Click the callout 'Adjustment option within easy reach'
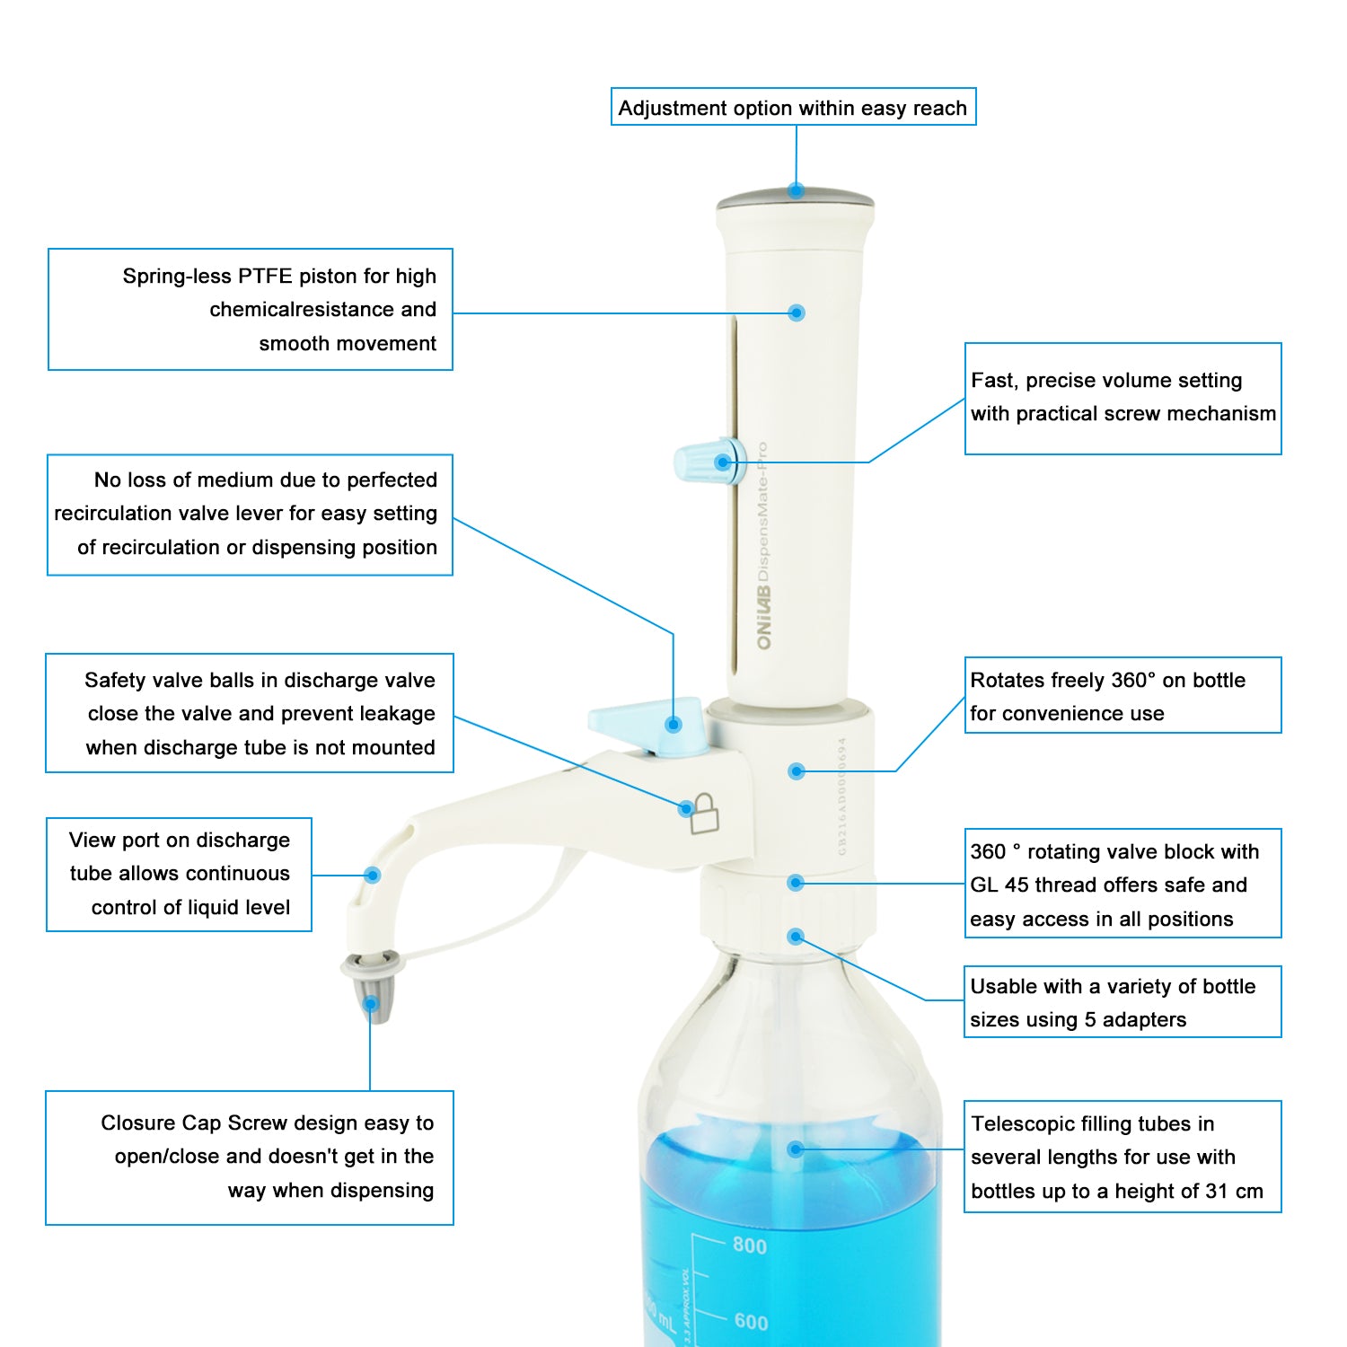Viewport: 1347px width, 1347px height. click(793, 108)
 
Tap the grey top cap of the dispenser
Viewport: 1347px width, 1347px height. click(795, 199)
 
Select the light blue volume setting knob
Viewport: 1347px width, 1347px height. click(705, 462)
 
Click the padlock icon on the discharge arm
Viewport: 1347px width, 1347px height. click(705, 814)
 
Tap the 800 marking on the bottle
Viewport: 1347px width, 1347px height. click(750, 1246)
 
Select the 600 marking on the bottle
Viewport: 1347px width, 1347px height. click(751, 1322)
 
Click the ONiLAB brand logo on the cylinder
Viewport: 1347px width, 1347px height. click(764, 617)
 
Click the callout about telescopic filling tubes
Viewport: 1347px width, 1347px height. click(1122, 1157)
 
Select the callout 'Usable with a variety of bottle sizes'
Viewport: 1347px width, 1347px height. click(1122, 1002)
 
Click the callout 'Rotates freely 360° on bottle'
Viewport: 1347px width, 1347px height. click(1122, 696)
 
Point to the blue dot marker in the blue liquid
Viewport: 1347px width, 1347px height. click(795, 1149)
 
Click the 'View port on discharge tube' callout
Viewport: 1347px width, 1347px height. click(180, 874)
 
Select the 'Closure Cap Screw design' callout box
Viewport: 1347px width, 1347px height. click(250, 1157)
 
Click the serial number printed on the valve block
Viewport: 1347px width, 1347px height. click(841, 796)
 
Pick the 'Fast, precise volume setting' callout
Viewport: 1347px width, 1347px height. click(1122, 398)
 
